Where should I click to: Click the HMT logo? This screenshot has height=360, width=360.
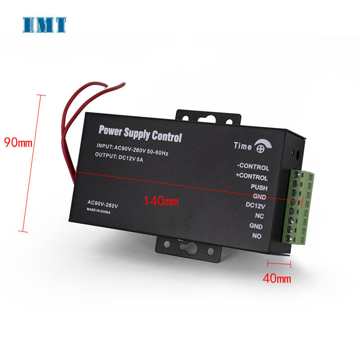[45, 25]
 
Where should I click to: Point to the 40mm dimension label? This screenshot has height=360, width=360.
[277, 279]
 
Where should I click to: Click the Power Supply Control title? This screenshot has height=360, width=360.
[140, 134]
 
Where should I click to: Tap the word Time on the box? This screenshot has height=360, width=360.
[243, 145]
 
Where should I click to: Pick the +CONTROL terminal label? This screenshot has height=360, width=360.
[252, 177]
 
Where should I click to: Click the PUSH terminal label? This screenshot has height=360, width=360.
[259, 187]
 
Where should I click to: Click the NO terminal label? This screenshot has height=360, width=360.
[257, 236]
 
